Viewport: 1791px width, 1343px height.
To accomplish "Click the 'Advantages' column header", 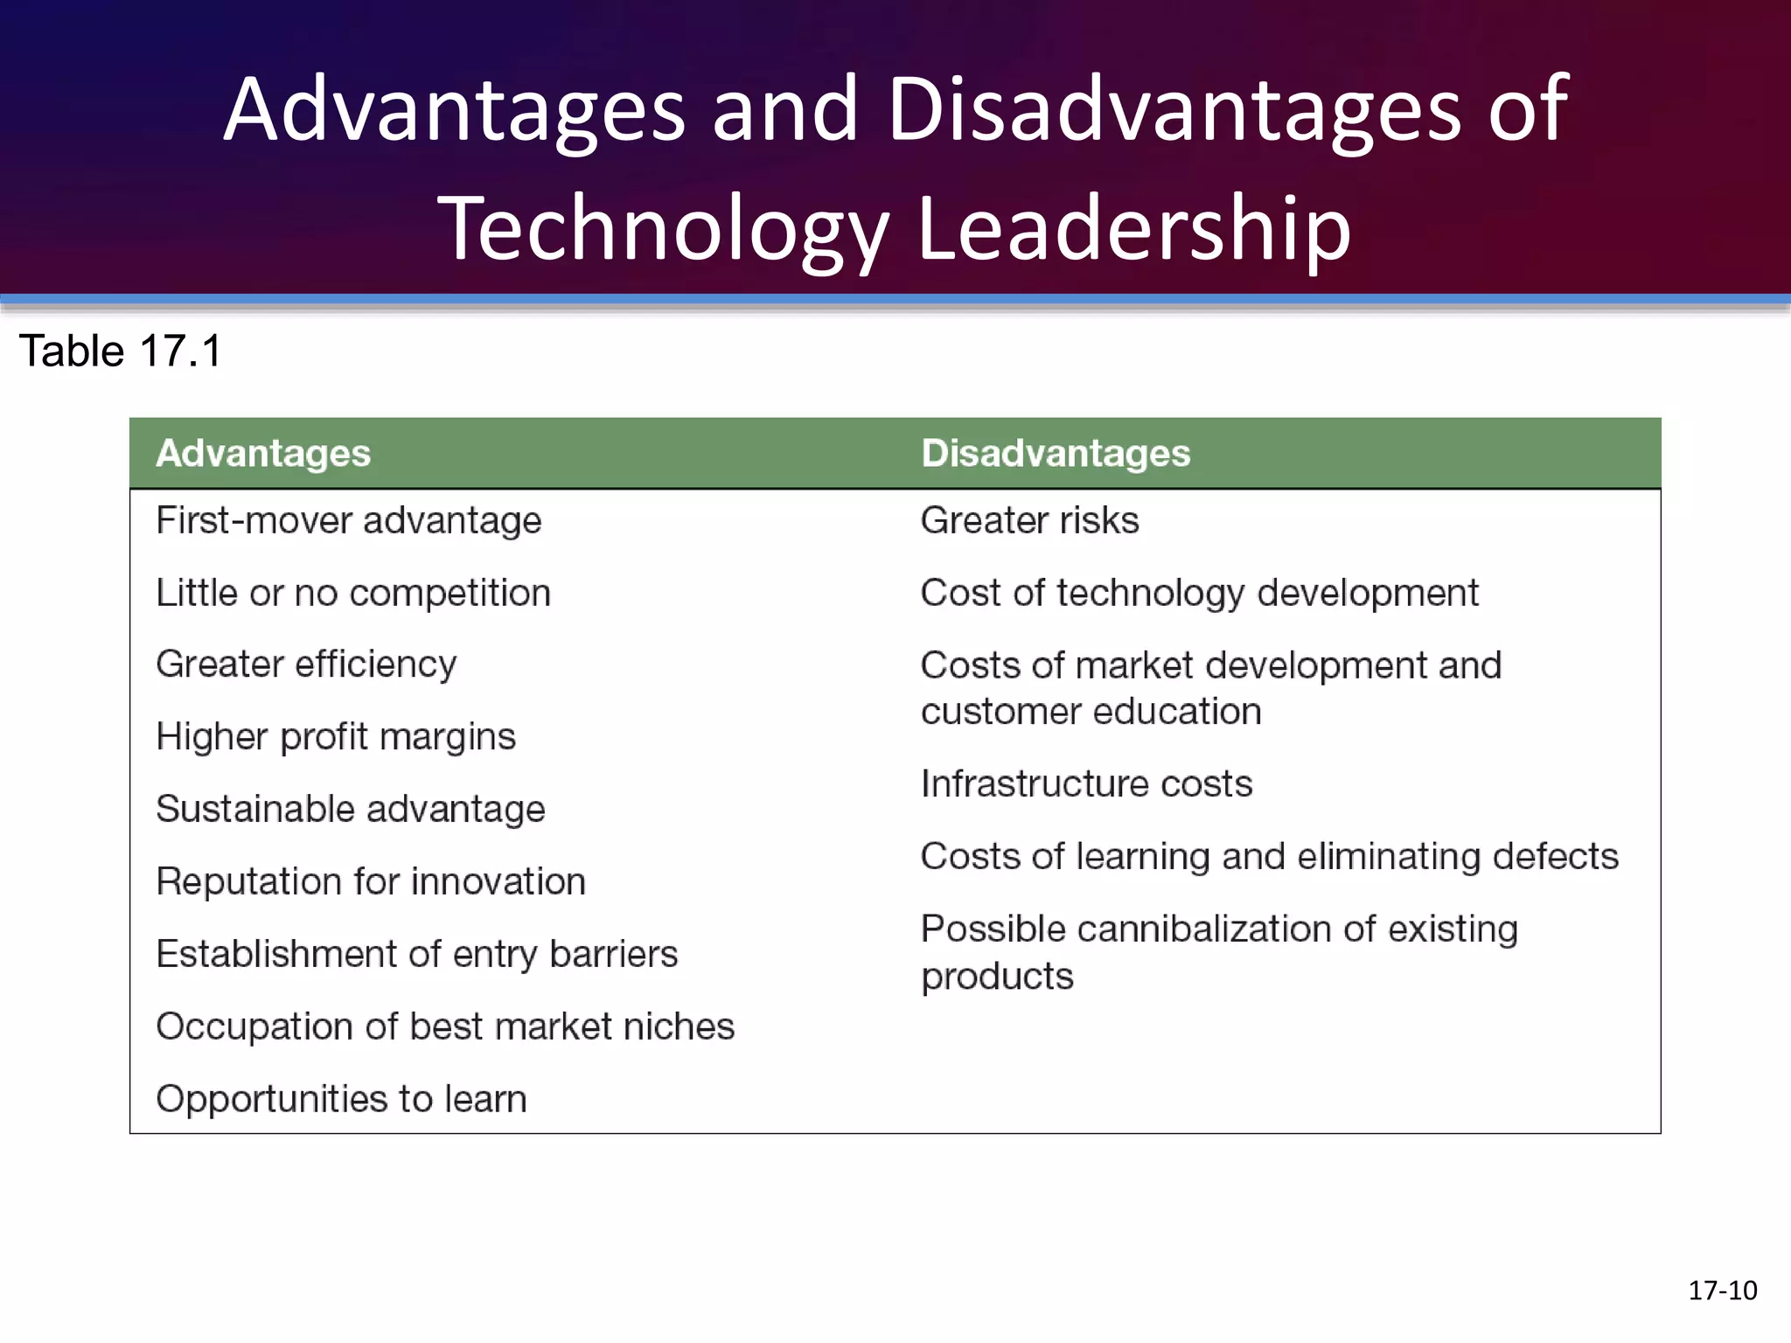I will click(263, 454).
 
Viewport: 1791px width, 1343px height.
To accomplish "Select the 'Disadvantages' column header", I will click(1056, 454).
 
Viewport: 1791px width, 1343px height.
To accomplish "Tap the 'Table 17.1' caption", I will click(121, 351).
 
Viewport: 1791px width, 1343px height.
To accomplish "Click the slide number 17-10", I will click(1722, 1291).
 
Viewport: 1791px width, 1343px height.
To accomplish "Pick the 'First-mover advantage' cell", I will click(349, 521).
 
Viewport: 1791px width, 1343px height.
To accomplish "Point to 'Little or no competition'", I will click(353, 594).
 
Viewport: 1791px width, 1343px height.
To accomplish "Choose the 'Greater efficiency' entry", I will click(306, 665).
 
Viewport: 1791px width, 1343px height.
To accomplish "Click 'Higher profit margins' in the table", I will click(336, 737).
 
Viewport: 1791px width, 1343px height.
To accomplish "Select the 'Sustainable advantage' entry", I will click(351, 810).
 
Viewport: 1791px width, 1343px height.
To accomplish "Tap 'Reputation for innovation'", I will click(371, 882).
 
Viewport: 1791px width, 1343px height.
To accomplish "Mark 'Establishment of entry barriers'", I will click(417, 954).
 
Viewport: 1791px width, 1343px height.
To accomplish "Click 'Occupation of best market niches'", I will click(445, 1026).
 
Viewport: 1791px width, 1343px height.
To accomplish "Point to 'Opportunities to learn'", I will click(342, 1099).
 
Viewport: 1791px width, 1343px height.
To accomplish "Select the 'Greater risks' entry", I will click(1030, 521).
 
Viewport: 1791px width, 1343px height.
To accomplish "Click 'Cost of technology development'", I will click(1200, 594).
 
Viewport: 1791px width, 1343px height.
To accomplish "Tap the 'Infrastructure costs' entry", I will click(1087, 784).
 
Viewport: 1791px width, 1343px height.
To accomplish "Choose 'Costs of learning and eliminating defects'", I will click(1270, 857).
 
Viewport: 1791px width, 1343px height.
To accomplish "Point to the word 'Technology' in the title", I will click(662, 229).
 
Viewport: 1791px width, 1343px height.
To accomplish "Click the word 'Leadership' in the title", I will click(1134, 229).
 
